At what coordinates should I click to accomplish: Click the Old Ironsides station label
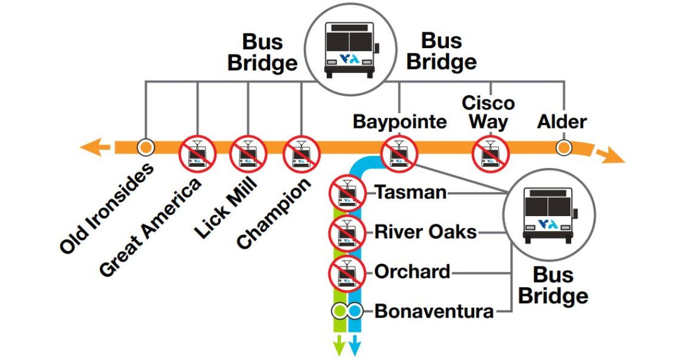[x=107, y=208]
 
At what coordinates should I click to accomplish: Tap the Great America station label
[x=151, y=227]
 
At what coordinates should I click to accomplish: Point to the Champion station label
[x=274, y=213]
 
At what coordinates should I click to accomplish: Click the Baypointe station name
[x=400, y=122]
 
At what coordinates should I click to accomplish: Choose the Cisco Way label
[x=488, y=112]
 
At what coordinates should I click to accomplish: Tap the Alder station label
[x=562, y=122]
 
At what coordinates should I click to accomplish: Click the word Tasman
[x=411, y=193]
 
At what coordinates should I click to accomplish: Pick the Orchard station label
[x=412, y=272]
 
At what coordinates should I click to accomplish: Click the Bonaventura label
[x=434, y=312]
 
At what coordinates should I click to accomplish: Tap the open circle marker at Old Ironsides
[x=146, y=147]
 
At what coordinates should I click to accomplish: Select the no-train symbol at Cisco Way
[x=490, y=154]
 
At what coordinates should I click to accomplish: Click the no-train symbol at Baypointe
[x=400, y=154]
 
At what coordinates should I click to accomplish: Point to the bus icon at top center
[x=349, y=49]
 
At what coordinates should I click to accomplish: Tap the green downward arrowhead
[x=339, y=346]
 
